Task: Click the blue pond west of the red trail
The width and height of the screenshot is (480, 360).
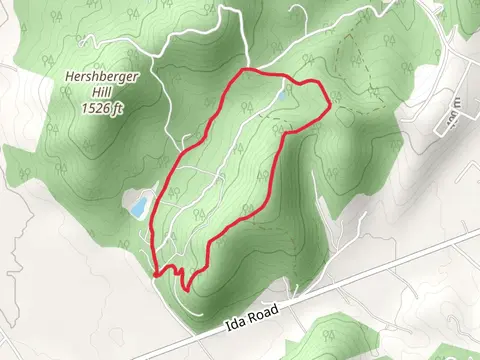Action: tap(138, 207)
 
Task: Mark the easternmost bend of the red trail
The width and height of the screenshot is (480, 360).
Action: tap(328, 101)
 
